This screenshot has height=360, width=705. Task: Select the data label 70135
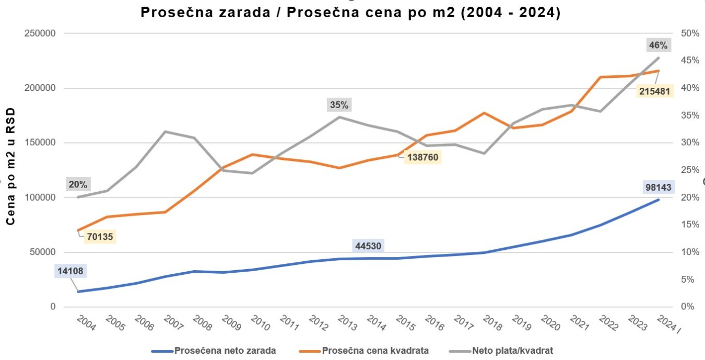point(98,237)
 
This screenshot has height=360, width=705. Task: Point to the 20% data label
point(78,184)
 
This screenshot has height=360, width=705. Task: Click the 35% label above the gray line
point(338,105)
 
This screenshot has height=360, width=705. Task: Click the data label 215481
point(655,91)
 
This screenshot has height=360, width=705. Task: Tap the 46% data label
point(658,45)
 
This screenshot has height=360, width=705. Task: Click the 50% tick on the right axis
point(690,33)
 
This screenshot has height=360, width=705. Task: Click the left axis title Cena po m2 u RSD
point(10,166)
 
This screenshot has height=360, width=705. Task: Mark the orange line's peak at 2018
point(485,113)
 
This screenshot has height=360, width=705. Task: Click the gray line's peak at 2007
point(165,132)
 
